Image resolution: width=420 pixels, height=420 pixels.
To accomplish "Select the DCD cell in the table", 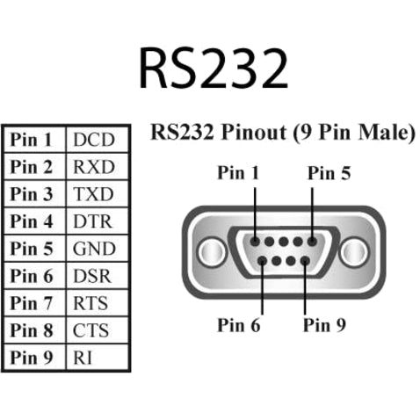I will click(94, 139).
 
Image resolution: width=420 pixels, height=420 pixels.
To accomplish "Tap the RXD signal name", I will click(94, 166).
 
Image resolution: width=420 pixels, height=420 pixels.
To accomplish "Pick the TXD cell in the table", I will click(94, 193).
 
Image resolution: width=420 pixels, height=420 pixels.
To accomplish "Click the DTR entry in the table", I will click(94, 221).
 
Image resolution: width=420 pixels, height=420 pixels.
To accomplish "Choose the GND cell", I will click(94, 248).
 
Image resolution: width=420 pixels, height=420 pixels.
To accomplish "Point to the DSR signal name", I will click(94, 275).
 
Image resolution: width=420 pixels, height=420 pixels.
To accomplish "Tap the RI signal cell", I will click(83, 358).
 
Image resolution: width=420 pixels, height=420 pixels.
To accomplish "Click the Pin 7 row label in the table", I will click(33, 303).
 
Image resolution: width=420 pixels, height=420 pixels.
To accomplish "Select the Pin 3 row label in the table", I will click(33, 193).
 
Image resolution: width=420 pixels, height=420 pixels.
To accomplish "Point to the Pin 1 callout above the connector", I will click(238, 173).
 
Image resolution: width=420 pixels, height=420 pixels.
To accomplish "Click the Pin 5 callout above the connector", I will click(329, 173).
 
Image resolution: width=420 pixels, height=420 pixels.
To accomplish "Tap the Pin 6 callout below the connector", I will click(239, 326).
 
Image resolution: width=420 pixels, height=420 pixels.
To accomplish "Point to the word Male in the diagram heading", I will click(382, 134).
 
